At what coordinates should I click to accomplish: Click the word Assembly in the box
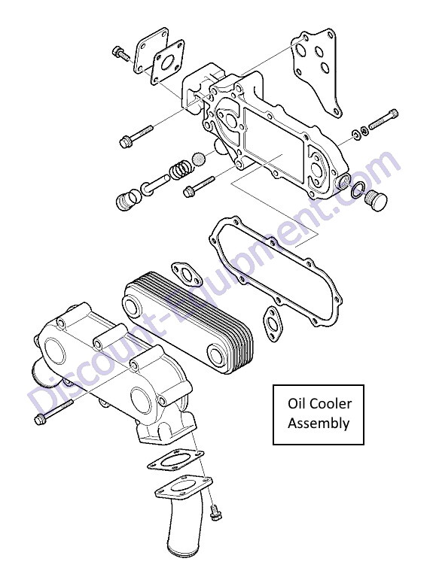pyautogui.click(x=319, y=424)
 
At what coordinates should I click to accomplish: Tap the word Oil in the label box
pyautogui.click(x=296, y=403)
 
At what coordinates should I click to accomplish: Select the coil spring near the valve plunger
pyautogui.click(x=181, y=170)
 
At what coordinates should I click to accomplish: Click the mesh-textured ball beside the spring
pyautogui.click(x=199, y=159)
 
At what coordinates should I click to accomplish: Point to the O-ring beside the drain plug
pyautogui.click(x=358, y=190)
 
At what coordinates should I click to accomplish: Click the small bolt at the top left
pyautogui.click(x=120, y=53)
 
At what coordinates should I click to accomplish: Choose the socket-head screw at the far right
pyautogui.click(x=383, y=119)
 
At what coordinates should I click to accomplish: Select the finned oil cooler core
pyautogui.click(x=188, y=323)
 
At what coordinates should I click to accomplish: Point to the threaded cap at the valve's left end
pyautogui.click(x=127, y=201)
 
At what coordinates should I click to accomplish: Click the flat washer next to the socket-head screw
pyautogui.click(x=356, y=134)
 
